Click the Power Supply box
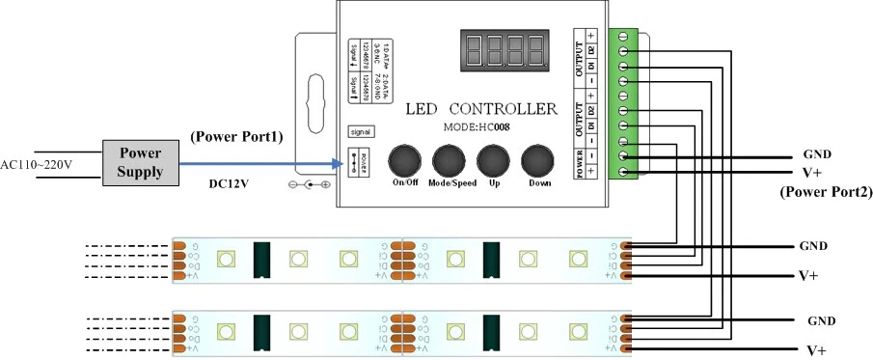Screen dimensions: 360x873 pyautogui.click(x=141, y=161)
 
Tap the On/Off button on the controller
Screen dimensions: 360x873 pyautogui.click(x=405, y=160)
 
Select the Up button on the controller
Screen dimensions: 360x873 pyautogui.click(x=492, y=160)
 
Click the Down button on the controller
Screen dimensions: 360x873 pyautogui.click(x=536, y=160)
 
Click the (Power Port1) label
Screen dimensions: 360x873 pyautogui.click(x=237, y=137)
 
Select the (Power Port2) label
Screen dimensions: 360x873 pyautogui.click(x=825, y=192)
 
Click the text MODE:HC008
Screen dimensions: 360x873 pyautogui.click(x=482, y=126)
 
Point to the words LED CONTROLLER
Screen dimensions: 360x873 pyautogui.click(x=481, y=107)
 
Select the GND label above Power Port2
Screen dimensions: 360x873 pyautogui.click(x=817, y=155)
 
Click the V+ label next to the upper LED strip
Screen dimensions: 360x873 pyautogui.click(x=808, y=275)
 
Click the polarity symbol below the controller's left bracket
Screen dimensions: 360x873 pyautogui.click(x=311, y=184)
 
